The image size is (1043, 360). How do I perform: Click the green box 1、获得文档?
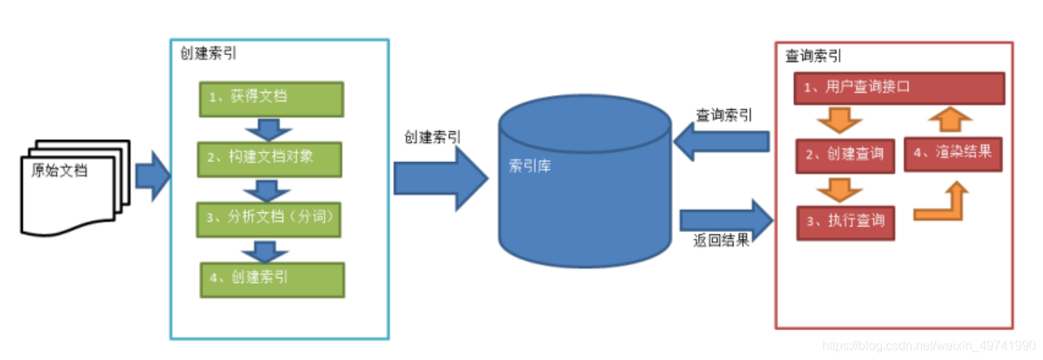tap(271, 98)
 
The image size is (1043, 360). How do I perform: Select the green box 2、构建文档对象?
tap(271, 157)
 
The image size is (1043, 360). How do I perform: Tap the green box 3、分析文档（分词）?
tap(271, 218)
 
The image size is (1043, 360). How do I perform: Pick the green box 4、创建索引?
tap(271, 278)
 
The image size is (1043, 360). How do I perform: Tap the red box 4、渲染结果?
tap(953, 152)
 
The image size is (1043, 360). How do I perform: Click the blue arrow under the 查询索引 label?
tap(722, 142)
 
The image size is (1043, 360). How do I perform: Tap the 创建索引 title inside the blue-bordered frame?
tap(207, 53)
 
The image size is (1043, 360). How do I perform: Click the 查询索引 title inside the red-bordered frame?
tap(813, 57)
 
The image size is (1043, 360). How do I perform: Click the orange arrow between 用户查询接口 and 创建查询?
tap(838, 121)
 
